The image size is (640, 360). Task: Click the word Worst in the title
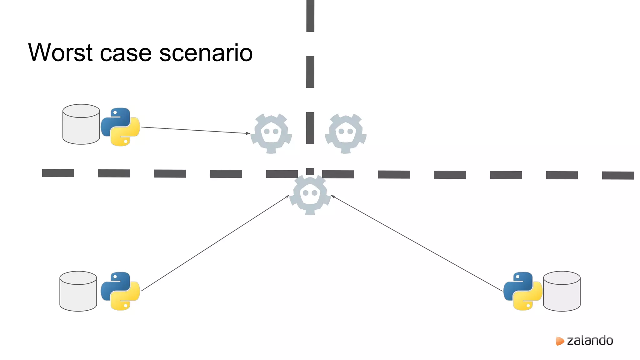[x=61, y=52]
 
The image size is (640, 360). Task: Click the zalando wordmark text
[x=590, y=340]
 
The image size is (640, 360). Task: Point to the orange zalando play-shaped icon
[x=560, y=341]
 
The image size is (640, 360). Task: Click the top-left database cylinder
[x=81, y=124]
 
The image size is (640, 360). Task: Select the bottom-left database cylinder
[x=78, y=291]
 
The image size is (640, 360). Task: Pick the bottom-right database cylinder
[x=562, y=291]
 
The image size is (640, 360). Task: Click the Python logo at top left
[x=120, y=127]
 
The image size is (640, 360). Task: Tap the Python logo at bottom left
[x=120, y=291]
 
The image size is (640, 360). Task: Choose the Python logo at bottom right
[x=522, y=291]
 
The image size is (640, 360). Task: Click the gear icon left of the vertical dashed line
[x=271, y=133]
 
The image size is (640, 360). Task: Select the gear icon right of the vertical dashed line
[x=346, y=133]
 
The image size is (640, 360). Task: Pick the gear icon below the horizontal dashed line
[x=310, y=195]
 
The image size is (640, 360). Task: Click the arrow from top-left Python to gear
[x=195, y=130]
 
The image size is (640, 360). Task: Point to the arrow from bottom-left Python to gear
[x=215, y=243]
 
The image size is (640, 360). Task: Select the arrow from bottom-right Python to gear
[x=417, y=243]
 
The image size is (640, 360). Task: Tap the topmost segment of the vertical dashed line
[x=310, y=16]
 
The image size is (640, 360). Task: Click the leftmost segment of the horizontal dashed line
[x=58, y=173]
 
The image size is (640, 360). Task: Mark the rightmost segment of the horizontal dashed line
[x=618, y=175]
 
